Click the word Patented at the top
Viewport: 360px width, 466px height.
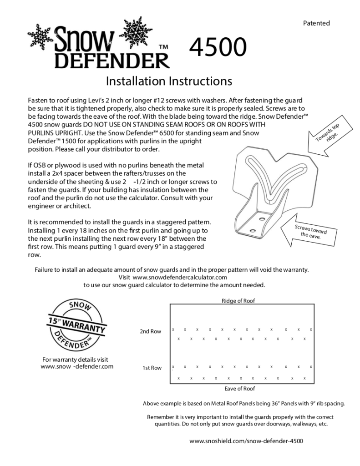pos(316,23)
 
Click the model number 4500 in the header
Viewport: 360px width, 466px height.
pos(218,47)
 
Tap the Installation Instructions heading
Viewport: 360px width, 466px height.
pos(169,81)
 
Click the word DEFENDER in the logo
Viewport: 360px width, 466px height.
pos(112,60)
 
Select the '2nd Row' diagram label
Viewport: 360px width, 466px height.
pos(150,332)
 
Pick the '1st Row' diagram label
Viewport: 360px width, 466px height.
pos(152,368)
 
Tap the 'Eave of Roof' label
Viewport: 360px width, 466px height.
pos(240,389)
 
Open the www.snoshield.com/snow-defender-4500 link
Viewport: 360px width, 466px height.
pos(246,441)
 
